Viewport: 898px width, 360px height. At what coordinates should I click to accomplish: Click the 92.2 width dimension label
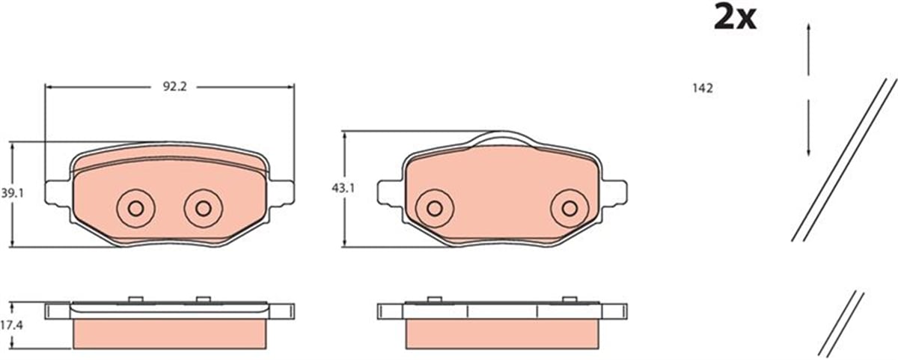coord(175,87)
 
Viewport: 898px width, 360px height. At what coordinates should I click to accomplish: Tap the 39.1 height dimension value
coord(13,193)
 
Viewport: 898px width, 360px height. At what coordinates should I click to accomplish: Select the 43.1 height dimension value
coord(343,188)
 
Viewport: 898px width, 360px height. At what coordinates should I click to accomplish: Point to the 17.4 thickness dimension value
coord(11,325)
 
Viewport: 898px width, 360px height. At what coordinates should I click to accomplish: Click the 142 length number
coord(703,88)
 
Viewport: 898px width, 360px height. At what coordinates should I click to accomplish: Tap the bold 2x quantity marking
coord(735,18)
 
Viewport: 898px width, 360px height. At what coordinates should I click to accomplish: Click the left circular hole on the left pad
coord(135,209)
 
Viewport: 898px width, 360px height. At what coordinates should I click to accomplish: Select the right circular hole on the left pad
coord(204,209)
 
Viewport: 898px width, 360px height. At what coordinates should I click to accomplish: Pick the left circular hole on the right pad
coord(435,209)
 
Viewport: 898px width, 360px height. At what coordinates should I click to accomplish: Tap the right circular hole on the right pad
coord(569,209)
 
